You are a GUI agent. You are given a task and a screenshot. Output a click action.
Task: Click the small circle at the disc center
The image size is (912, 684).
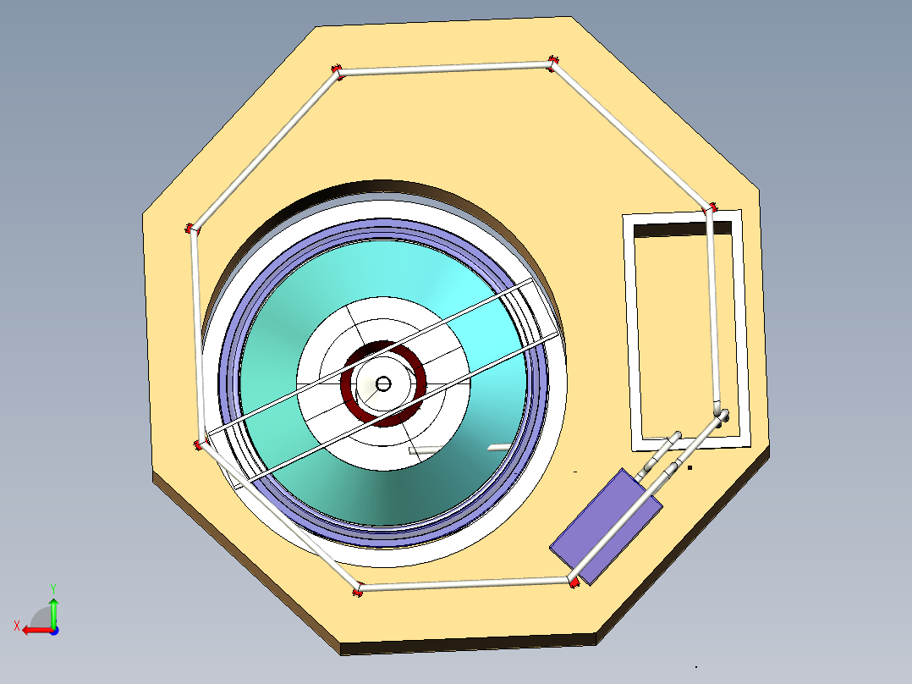click(x=382, y=383)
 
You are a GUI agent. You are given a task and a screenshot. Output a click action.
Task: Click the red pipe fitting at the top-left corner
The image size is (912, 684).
click(x=337, y=71)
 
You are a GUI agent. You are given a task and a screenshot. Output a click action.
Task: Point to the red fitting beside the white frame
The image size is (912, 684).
click(x=711, y=207)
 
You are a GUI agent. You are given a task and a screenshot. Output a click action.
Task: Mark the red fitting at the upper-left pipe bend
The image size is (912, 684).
click(x=192, y=229)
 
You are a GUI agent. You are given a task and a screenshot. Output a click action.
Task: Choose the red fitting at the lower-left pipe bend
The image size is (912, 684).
click(x=201, y=444)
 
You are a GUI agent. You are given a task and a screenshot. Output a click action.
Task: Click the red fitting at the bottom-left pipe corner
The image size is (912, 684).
click(x=358, y=589)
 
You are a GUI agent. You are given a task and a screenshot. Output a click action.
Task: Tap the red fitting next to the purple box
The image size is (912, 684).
click(x=573, y=582)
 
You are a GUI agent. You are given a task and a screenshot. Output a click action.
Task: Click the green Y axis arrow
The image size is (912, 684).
click(x=53, y=609)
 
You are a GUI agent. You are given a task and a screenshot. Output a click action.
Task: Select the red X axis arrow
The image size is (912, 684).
click(x=34, y=630)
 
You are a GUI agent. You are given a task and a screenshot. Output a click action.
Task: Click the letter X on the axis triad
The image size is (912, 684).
click(x=16, y=626)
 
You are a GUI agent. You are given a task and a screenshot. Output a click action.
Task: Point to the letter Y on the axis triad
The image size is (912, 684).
click(x=52, y=587)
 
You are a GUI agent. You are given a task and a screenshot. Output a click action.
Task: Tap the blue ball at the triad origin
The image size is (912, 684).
click(x=53, y=630)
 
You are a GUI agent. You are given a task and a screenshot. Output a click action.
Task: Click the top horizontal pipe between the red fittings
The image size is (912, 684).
click(x=444, y=67)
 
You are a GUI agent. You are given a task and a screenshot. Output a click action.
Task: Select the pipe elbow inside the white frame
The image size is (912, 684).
click(x=721, y=414)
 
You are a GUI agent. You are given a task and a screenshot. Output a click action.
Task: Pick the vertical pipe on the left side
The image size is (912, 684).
click(x=198, y=339)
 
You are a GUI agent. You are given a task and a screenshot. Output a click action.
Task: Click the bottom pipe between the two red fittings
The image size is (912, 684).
click(x=465, y=584)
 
